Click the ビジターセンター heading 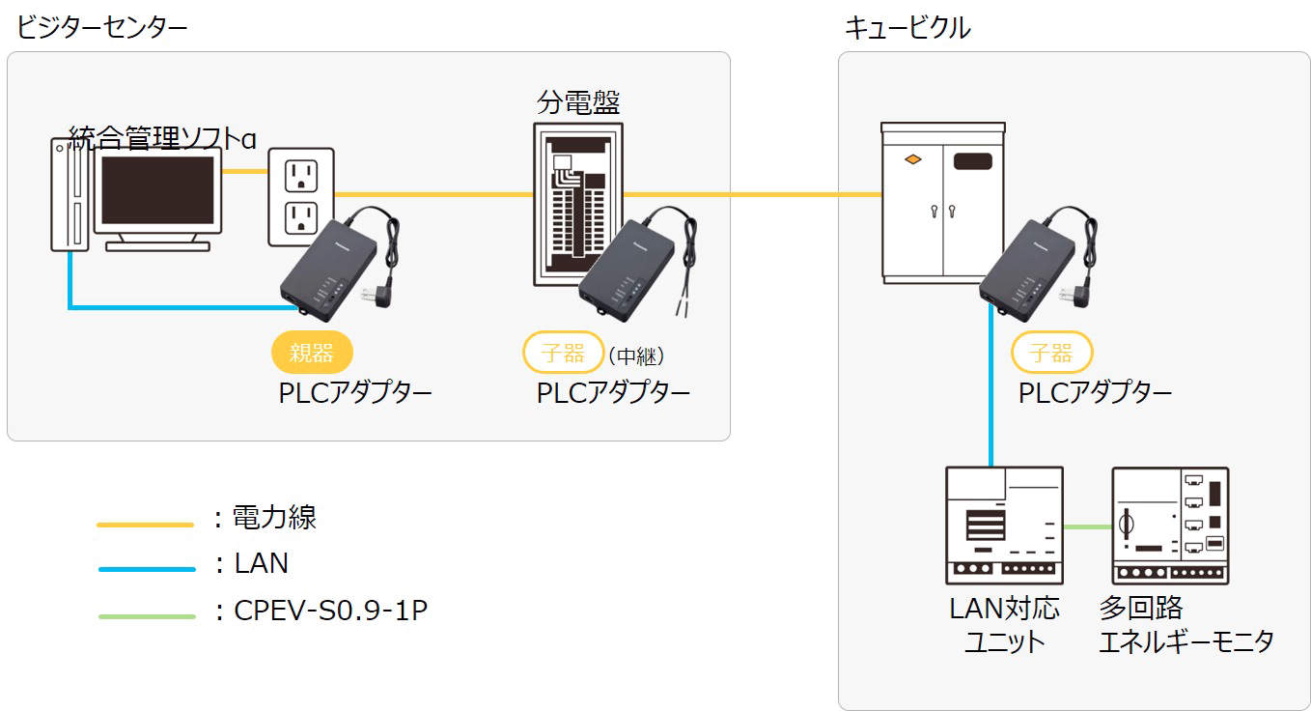tap(101, 27)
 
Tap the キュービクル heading tap(907, 27)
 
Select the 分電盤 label tap(578, 102)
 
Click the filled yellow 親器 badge tap(312, 352)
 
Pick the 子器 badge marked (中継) tap(563, 352)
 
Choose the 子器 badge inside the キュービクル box tap(1051, 352)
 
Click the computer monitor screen tap(157, 191)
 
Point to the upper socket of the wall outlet tap(300, 174)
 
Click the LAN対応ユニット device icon tap(1004, 525)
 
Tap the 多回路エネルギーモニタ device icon tap(1170, 525)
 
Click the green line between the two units tap(1087, 526)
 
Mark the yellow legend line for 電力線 tap(146, 525)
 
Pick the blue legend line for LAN tap(146, 569)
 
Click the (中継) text tap(636, 355)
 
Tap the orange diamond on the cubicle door tap(912, 158)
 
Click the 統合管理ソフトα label tap(162, 139)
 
